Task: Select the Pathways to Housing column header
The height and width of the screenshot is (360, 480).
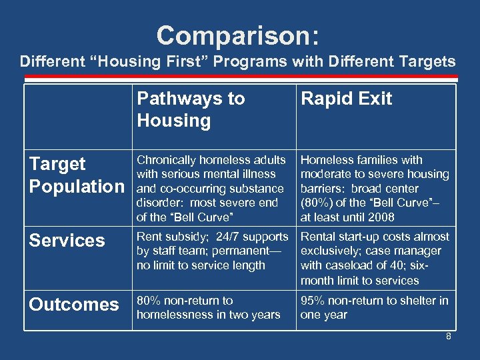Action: click(191, 109)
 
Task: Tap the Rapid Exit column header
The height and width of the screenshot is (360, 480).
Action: click(346, 99)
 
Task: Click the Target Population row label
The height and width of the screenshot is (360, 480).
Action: click(76, 175)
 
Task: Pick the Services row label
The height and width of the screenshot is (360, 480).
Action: click(67, 241)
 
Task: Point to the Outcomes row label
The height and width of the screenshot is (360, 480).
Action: click(73, 305)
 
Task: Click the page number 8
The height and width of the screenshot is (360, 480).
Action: click(448, 337)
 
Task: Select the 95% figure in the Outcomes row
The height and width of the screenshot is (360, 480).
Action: click(313, 301)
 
